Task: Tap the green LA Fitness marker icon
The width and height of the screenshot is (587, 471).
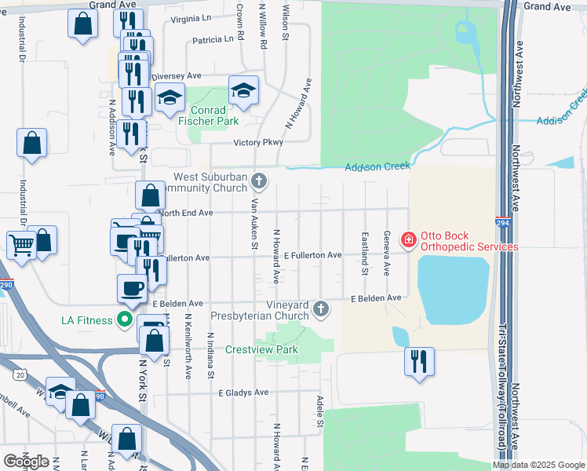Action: click(123, 319)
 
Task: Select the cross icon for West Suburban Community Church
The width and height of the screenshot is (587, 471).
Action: click(260, 182)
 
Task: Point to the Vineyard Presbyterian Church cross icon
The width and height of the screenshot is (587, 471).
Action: click(320, 309)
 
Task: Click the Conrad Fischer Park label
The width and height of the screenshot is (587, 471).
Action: click(208, 116)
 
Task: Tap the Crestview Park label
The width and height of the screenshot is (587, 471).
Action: click(253, 349)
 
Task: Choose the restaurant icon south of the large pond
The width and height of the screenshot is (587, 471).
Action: click(418, 361)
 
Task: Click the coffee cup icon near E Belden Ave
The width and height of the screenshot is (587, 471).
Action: click(132, 288)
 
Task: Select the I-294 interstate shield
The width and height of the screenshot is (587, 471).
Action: click(501, 223)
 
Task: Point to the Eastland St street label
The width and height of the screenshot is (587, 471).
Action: click(365, 253)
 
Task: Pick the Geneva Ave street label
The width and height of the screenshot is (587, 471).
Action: click(386, 253)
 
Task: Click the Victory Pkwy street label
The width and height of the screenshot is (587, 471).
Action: click(257, 143)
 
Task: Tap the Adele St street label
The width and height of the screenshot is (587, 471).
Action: click(320, 412)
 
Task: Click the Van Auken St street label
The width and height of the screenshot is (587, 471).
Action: click(253, 224)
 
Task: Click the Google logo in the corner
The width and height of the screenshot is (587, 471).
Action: click(26, 462)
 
